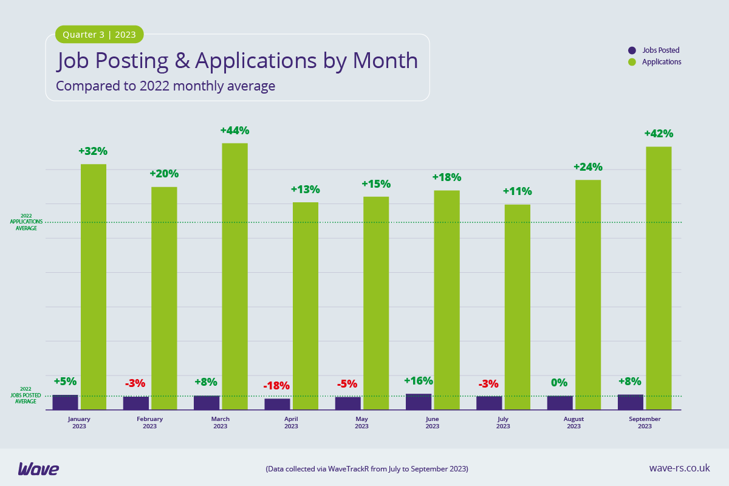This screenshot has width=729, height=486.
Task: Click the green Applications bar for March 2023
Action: pos(234,276)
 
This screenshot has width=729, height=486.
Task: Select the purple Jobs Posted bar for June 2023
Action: pos(419,402)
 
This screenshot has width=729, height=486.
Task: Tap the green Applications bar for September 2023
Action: pos(659,278)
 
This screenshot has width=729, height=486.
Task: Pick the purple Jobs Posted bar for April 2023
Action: pos(277,404)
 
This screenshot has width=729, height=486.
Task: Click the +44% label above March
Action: pos(234,131)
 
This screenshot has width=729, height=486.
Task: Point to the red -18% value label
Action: pos(276,386)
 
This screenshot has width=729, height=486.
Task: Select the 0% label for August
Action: pos(559,383)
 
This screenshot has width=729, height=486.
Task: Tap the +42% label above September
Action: pos(659,134)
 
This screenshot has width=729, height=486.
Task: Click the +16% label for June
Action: pos(419,381)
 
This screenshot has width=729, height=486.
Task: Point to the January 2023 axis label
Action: pos(79,422)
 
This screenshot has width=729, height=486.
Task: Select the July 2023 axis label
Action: pos(503,422)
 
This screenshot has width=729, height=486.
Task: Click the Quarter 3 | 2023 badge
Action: pos(100,35)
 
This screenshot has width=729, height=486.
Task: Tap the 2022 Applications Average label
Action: pos(26,222)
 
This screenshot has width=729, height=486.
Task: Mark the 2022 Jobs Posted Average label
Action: pos(26,395)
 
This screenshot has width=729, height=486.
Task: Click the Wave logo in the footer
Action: pos(38,468)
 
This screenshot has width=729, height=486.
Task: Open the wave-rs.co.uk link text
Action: pos(679,468)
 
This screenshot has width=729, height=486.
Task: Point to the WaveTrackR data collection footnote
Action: pos(367,469)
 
